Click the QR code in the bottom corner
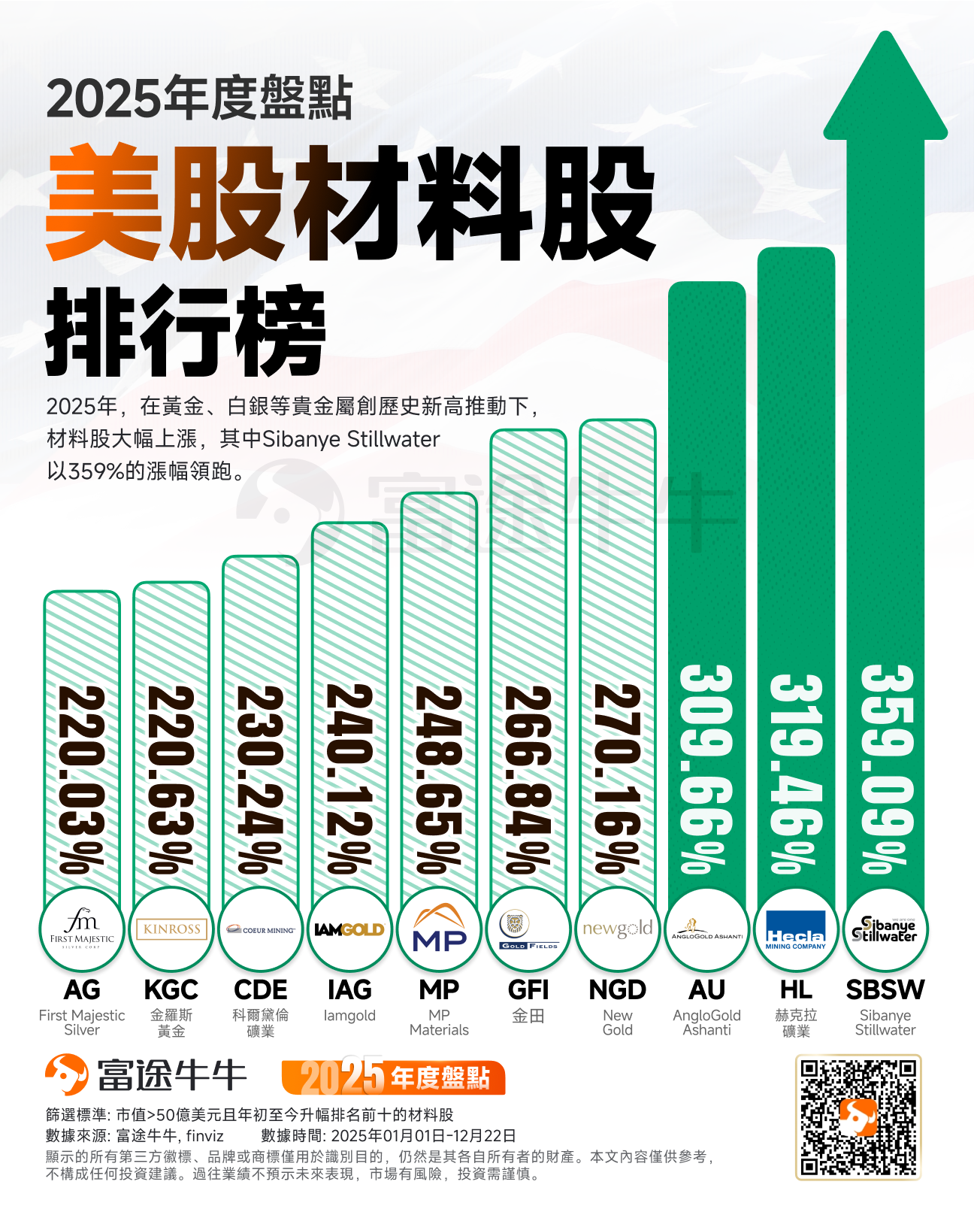click(x=858, y=1116)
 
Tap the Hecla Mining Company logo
click(x=795, y=930)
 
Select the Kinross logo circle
click(x=171, y=930)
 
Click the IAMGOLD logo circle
click(x=349, y=930)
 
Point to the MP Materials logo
click(x=439, y=930)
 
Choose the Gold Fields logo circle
click(x=528, y=930)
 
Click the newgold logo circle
click(x=617, y=930)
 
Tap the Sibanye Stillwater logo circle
click(x=885, y=930)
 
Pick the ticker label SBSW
click(x=885, y=989)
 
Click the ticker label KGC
click(x=171, y=989)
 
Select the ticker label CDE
click(x=260, y=989)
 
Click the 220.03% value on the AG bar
click(x=82, y=778)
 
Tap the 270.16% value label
click(x=617, y=778)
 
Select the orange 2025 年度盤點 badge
click(x=393, y=1077)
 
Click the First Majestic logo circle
click(x=82, y=930)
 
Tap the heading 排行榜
click(x=186, y=332)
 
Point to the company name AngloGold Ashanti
click(x=706, y=1023)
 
